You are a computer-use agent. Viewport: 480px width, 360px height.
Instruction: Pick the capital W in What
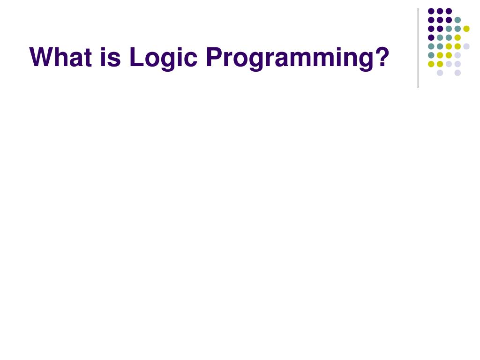pyautogui.click(x=41, y=57)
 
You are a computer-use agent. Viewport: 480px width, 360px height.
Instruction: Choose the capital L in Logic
pyautogui.click(x=135, y=57)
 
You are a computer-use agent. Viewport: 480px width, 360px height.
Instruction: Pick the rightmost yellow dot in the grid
pyautogui.click(x=466, y=29)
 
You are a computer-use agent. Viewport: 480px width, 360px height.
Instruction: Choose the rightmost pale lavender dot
pyautogui.click(x=466, y=46)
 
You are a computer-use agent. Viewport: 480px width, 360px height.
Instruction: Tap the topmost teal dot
pyautogui.click(x=457, y=20)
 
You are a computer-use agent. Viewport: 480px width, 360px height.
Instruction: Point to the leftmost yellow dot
pyautogui.click(x=431, y=64)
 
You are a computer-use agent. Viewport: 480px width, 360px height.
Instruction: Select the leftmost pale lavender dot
pyautogui.click(x=440, y=73)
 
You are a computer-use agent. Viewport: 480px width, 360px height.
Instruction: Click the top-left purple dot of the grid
pyautogui.click(x=431, y=11)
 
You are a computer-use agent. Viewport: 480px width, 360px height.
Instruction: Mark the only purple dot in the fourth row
pyautogui.click(x=431, y=37)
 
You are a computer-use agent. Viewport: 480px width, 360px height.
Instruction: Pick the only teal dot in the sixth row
pyautogui.click(x=431, y=55)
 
